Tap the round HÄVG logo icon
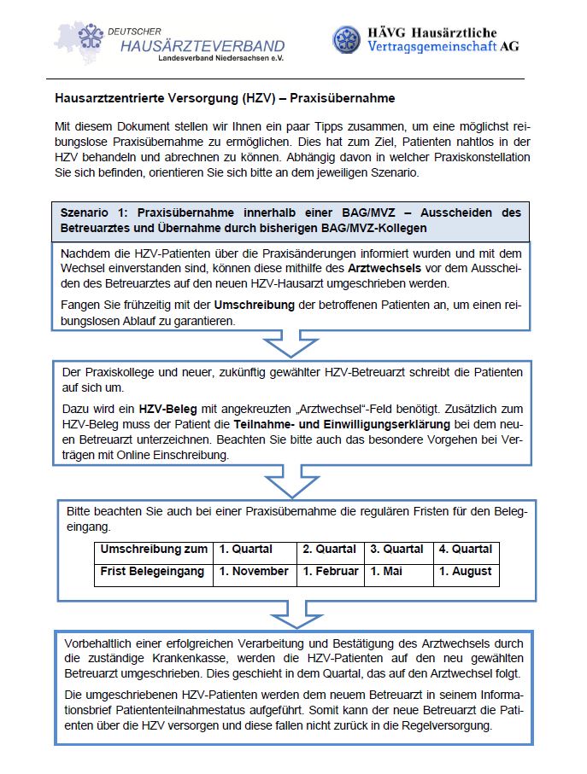[347, 39]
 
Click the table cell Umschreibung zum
[154, 549]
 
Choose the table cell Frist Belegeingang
[153, 571]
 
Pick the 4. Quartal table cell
[465, 549]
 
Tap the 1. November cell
[254, 571]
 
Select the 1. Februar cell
[331, 571]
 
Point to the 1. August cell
[465, 571]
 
